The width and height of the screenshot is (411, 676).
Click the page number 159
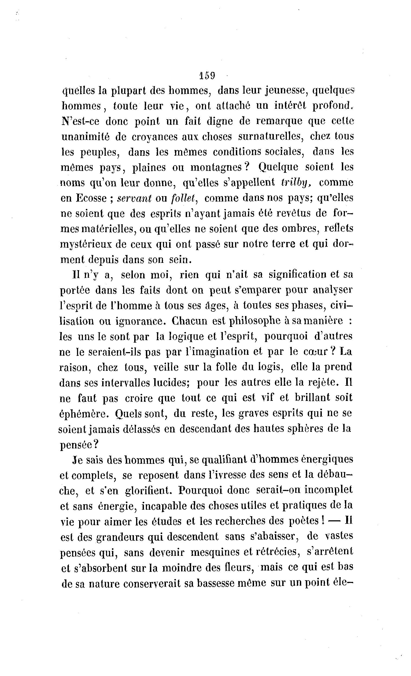[x=207, y=75]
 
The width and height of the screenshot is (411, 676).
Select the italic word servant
[x=134, y=198]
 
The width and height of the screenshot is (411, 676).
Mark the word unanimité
[x=85, y=136]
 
